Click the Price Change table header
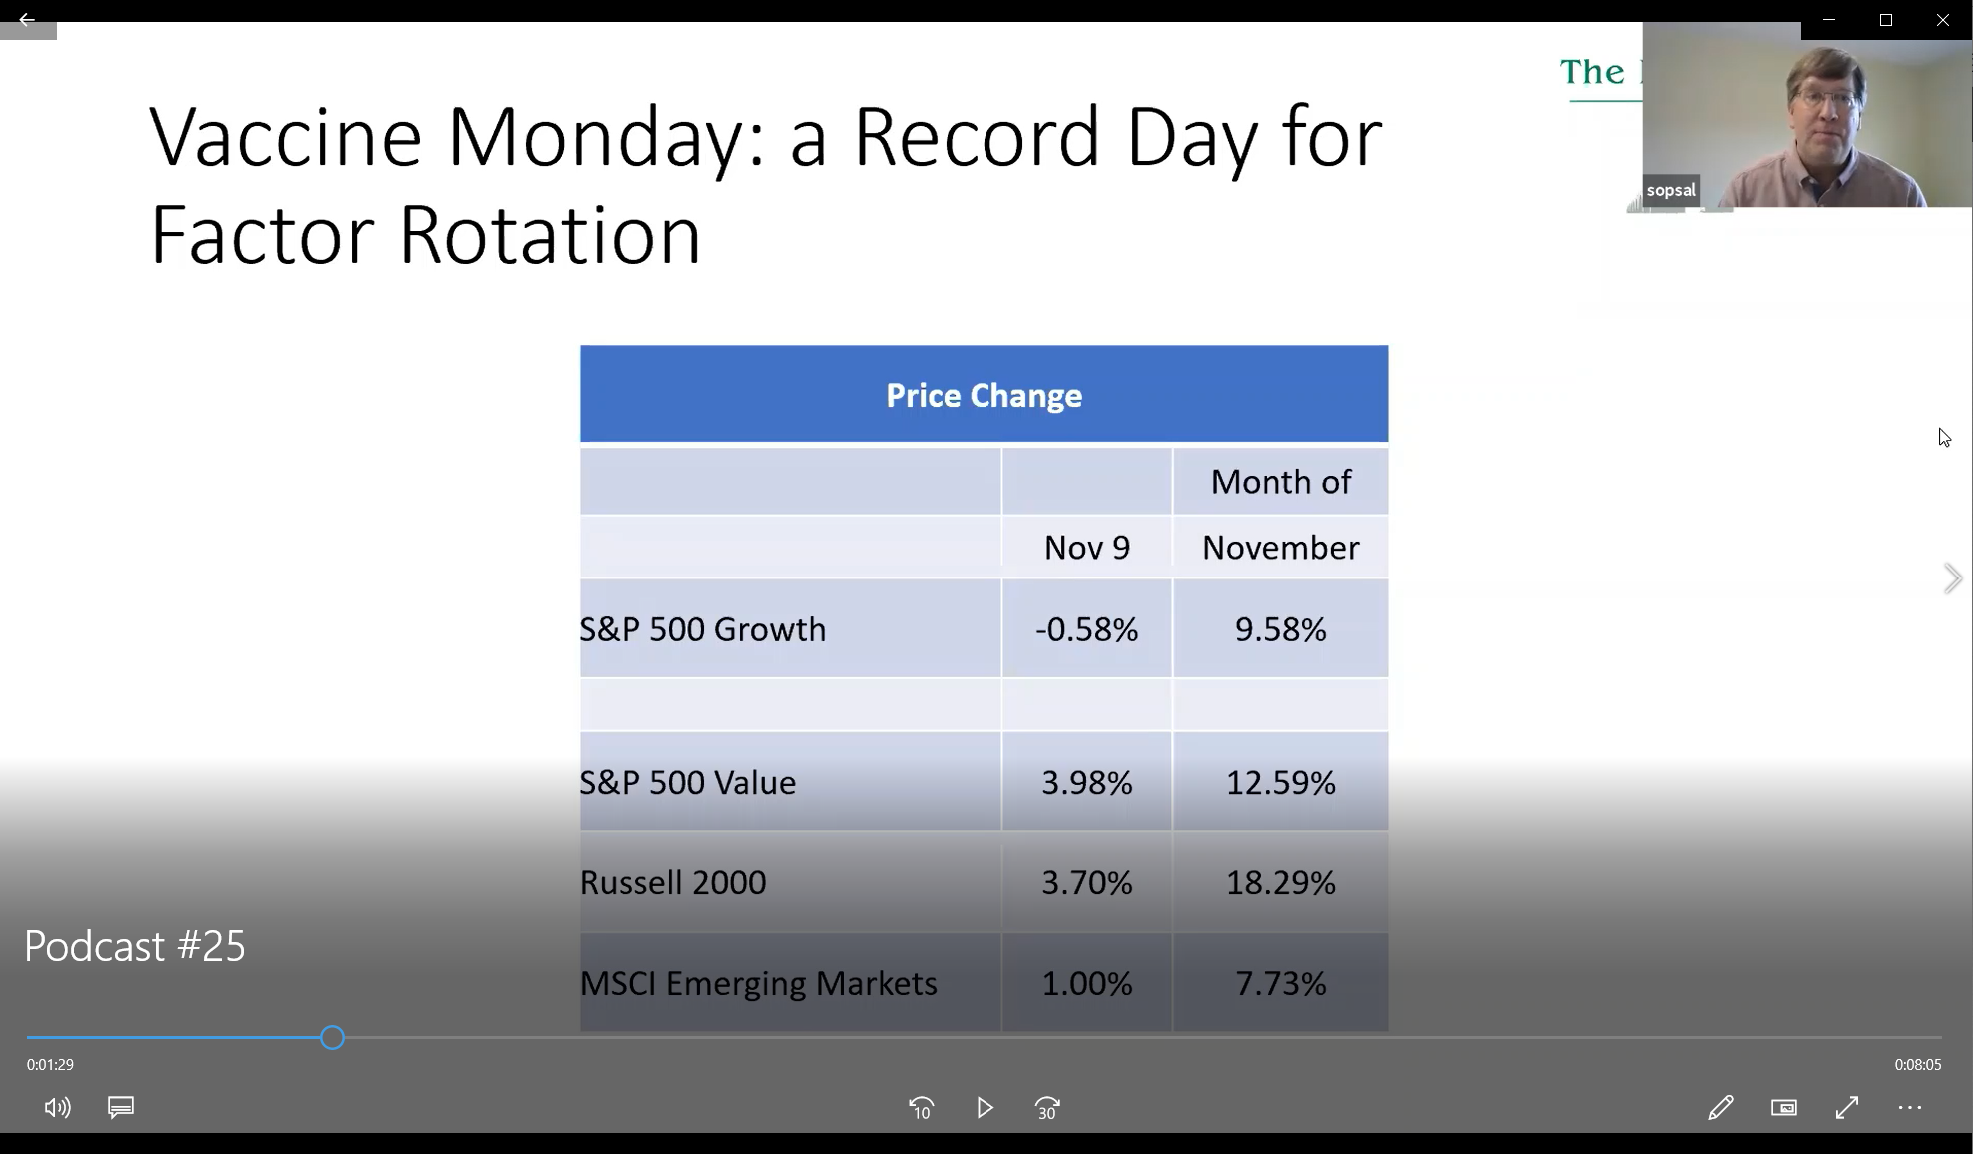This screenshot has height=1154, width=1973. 984,395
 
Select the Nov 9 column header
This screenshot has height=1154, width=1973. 1087,548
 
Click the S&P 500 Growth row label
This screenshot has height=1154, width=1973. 703,629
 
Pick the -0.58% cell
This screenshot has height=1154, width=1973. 1087,629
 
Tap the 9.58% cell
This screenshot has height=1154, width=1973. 1281,629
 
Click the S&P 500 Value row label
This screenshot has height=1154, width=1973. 688,782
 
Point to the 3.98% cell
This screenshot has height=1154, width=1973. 1087,782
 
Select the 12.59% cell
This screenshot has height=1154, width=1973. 1281,782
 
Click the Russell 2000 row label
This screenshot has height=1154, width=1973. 673,882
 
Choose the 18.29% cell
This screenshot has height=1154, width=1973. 1281,882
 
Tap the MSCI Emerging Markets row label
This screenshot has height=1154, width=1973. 759,983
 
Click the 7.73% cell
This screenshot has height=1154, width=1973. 1281,983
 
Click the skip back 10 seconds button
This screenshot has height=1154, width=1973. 921,1108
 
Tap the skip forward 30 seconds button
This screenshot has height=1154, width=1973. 1047,1108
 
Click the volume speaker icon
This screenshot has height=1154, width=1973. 57,1107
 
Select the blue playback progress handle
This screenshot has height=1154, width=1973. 333,1038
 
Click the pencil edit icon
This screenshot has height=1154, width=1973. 1720,1107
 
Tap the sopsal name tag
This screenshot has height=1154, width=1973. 1671,190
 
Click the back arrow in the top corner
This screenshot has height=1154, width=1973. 27,19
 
